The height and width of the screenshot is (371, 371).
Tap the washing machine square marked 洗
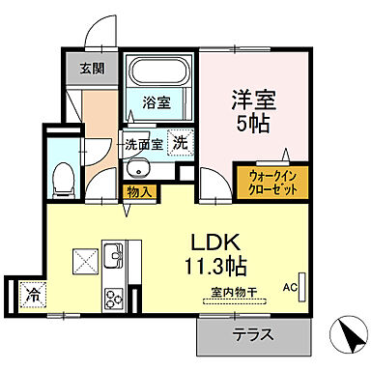180,143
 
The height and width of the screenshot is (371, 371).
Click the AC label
290,287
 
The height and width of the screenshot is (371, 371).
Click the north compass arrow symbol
346,338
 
